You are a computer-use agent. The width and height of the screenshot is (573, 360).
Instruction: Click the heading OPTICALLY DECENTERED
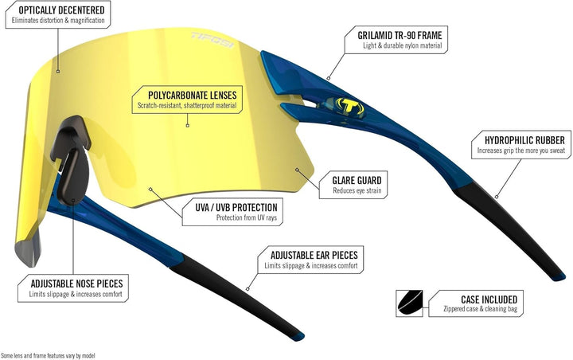[x=61, y=10]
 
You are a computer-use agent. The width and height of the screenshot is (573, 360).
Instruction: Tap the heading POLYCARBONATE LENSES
[x=193, y=95]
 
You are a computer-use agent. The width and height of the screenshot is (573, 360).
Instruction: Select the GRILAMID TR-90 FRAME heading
[x=400, y=35]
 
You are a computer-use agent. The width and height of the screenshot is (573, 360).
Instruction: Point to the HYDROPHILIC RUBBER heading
[x=524, y=140]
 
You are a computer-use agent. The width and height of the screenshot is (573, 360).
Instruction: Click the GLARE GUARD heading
[x=357, y=180]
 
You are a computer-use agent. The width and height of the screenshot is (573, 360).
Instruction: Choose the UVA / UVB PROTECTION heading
[x=236, y=207]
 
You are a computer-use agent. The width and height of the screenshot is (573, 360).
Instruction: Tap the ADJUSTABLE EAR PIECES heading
[x=314, y=255]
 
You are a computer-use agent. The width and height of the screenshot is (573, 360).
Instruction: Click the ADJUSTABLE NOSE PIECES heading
[x=76, y=284]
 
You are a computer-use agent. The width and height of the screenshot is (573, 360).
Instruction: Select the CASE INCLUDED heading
[x=489, y=299]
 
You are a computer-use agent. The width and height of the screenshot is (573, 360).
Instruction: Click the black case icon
[x=409, y=303]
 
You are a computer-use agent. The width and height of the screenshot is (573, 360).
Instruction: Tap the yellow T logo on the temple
[x=349, y=106]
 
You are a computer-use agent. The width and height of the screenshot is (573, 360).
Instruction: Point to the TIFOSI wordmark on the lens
[x=212, y=40]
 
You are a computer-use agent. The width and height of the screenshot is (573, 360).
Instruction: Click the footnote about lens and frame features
[x=48, y=355]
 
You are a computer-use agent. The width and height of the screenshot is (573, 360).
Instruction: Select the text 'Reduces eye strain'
[x=357, y=190]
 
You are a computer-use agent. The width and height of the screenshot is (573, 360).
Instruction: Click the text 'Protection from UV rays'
[x=247, y=217]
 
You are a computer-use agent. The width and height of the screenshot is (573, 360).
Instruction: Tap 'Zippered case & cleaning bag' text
[x=481, y=309]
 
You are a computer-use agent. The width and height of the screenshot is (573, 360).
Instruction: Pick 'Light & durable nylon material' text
[x=403, y=45]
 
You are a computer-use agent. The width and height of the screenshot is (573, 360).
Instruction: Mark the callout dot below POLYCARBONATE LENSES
[x=188, y=126]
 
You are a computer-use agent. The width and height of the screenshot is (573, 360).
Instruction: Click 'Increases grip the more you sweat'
[x=521, y=151]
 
